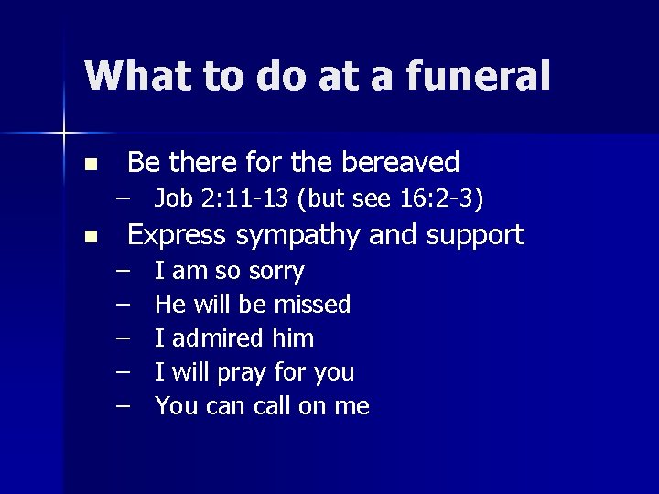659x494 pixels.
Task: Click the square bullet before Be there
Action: point(89,166)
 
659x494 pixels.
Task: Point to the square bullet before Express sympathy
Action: point(89,238)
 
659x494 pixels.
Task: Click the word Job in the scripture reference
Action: point(173,198)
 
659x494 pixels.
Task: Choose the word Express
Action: point(176,235)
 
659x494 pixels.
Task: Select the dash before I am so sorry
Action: point(123,271)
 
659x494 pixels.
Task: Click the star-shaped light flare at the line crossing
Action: point(65,134)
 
